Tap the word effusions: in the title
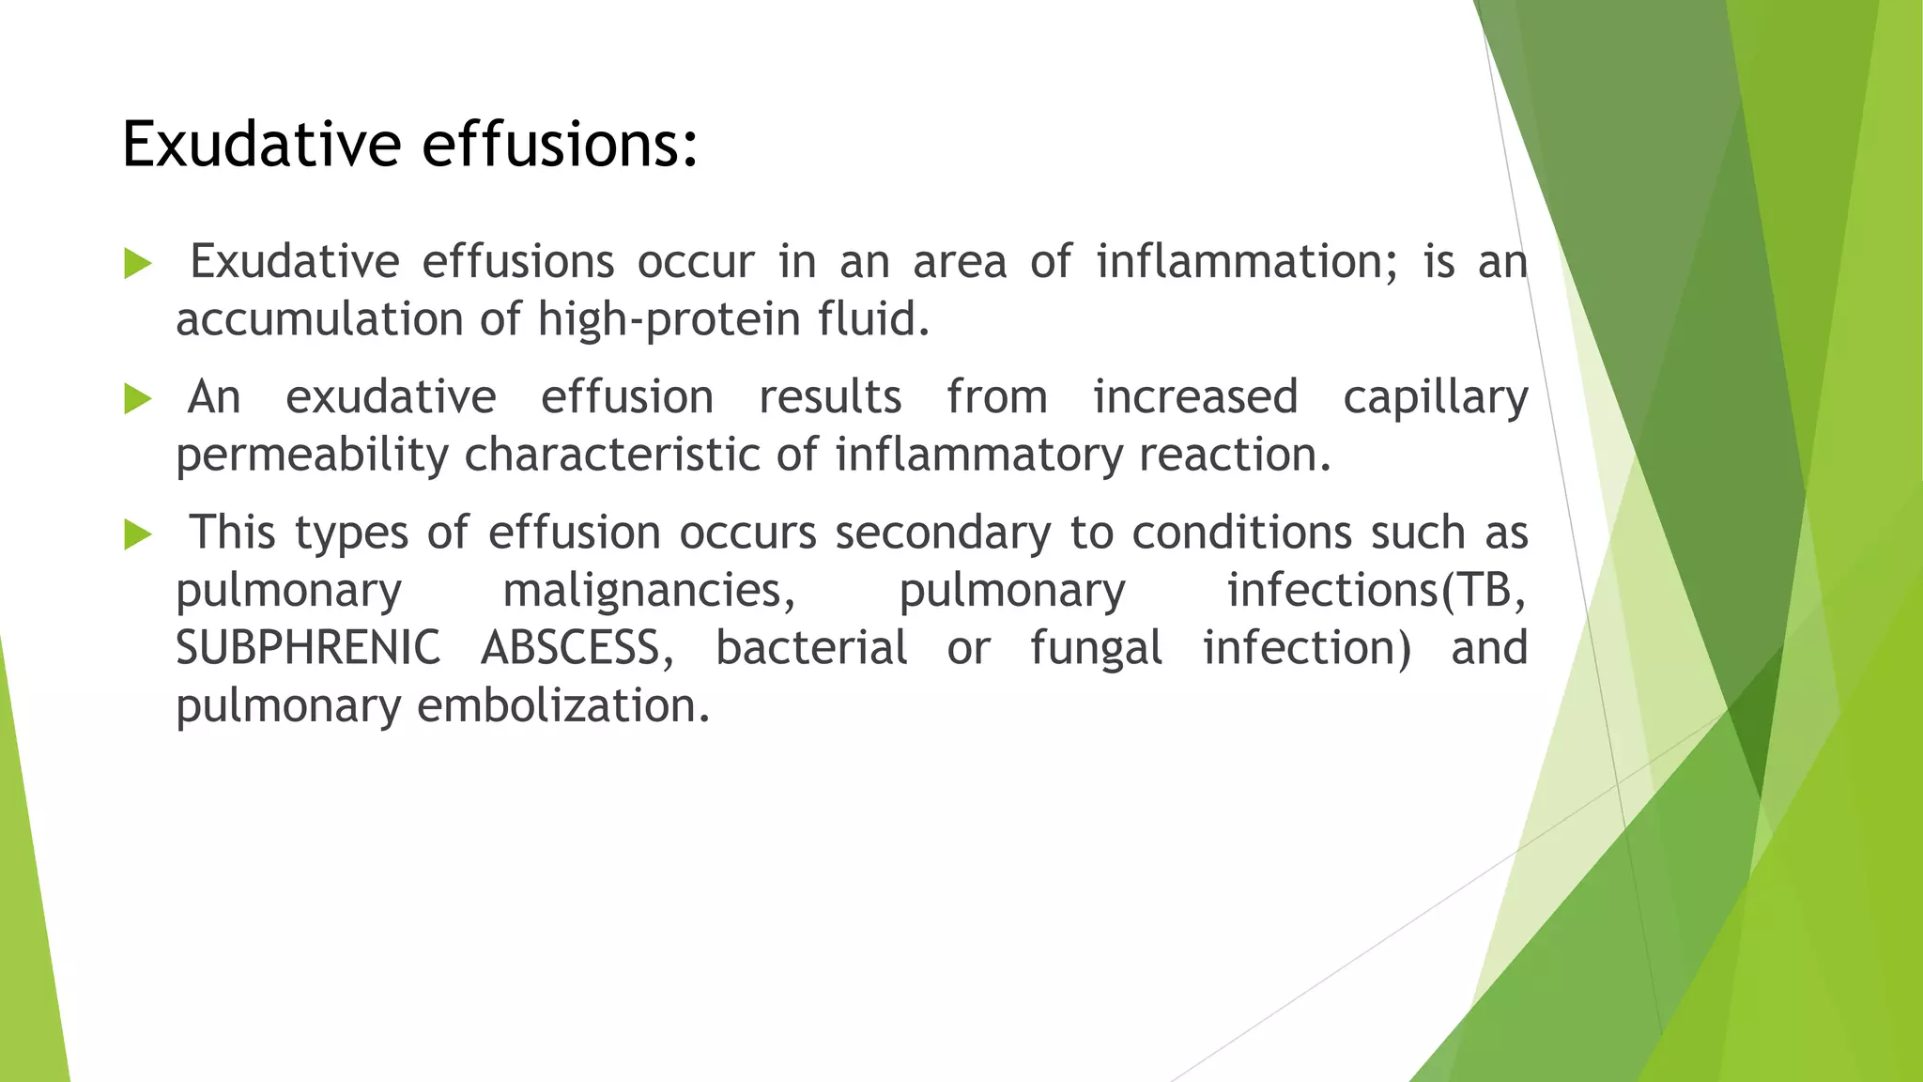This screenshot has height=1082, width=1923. (560, 145)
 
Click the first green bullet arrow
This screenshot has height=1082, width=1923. (137, 264)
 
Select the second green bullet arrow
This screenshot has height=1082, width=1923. (137, 399)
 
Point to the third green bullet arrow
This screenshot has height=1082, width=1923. (137, 535)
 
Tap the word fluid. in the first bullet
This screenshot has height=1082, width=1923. (874, 319)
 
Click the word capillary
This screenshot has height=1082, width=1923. (1435, 397)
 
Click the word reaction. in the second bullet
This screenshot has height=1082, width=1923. (1235, 456)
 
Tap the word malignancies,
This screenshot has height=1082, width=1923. (649, 591)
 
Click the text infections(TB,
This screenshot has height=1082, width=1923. (1377, 591)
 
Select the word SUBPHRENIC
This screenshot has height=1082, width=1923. (308, 648)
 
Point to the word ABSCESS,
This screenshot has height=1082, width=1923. (577, 648)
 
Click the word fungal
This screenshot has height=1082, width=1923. (1096, 649)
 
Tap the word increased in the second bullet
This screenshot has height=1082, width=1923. (1195, 397)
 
